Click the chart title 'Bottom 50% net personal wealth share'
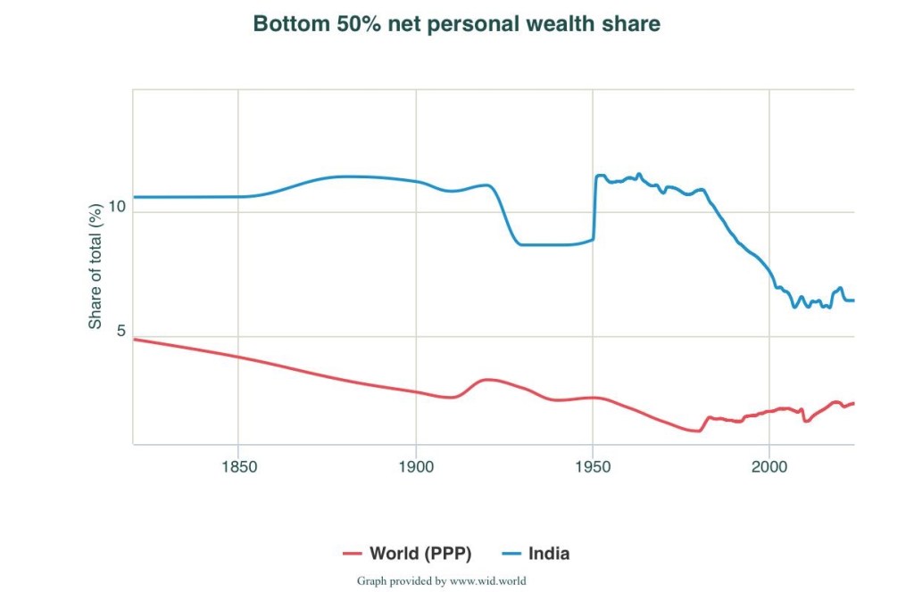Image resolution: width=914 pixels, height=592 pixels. pos(457,24)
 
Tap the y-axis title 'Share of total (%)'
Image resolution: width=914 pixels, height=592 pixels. pos(96,266)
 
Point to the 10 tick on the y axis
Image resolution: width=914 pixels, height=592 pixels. pos(116,207)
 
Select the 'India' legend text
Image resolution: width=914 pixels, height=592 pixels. pos(547,554)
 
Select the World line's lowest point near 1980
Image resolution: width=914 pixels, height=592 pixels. pos(697,431)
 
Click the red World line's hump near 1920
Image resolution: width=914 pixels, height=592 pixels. pos(486,380)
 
